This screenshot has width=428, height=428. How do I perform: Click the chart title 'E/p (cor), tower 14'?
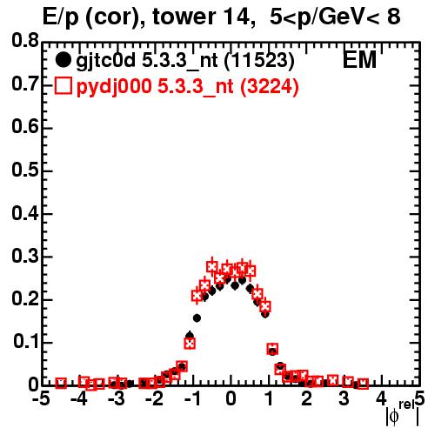click(x=147, y=17)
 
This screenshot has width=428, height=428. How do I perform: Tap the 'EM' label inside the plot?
click(x=359, y=60)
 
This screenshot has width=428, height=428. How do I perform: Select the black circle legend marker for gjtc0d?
click(x=63, y=60)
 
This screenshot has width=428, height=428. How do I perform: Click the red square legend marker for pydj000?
click(x=63, y=86)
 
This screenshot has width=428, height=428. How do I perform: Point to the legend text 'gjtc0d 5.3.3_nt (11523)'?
click(x=185, y=61)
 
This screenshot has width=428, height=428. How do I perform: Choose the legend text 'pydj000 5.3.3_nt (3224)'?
click(x=187, y=87)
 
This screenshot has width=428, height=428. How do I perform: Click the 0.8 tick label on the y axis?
click(x=25, y=41)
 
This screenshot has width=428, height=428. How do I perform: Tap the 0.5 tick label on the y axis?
click(x=25, y=170)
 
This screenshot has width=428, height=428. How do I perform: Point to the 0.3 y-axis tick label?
click(x=25, y=257)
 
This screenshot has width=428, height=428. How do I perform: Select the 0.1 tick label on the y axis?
click(x=25, y=342)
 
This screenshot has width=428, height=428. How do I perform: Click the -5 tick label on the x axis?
click(x=42, y=399)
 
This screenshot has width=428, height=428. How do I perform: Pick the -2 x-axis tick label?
click(x=155, y=399)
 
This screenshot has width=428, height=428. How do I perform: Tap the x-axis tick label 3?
click(x=344, y=399)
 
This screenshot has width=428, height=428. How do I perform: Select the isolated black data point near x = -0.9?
click(x=197, y=318)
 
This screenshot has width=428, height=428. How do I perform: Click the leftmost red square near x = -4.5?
click(x=61, y=384)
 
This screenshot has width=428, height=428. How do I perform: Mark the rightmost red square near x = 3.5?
click(x=363, y=384)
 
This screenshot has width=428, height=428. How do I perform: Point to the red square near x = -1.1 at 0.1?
click(x=190, y=344)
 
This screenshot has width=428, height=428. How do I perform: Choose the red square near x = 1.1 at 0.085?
click(x=272, y=349)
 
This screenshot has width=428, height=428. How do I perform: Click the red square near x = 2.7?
click(x=333, y=379)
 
